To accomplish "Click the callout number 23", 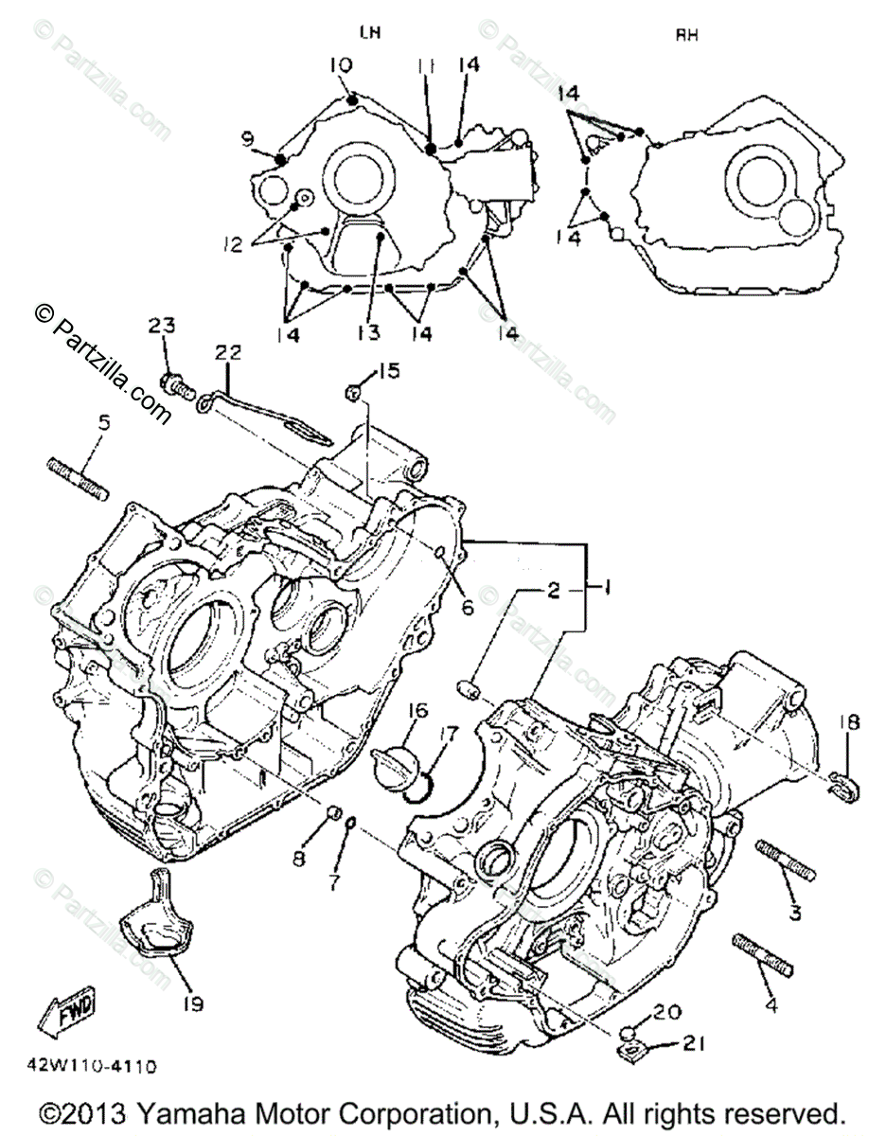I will pos(162,327).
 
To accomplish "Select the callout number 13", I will pos(368,333).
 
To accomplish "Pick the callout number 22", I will pos(228,352).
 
